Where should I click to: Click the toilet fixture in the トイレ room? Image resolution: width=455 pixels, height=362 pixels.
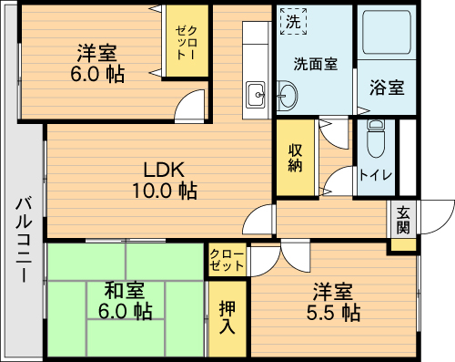tap(376, 139)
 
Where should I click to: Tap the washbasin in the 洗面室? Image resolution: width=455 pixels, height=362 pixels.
tap(287, 96)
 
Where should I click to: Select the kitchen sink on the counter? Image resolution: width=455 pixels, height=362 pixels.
tap(256, 95)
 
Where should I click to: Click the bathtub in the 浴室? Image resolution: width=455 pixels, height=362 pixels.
tap(387, 32)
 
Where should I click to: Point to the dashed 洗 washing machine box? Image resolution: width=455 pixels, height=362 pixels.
tap(293, 21)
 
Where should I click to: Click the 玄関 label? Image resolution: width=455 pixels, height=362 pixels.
tap(403, 220)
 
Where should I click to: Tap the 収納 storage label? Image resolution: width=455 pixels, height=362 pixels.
tap(295, 158)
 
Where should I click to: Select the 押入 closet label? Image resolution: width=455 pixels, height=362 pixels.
tap(227, 316)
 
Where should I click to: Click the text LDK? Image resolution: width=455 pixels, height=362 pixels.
tap(164, 170)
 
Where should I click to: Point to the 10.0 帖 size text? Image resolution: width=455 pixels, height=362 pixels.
tap(165, 191)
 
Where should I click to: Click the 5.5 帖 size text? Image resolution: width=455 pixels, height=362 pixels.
tap(333, 313)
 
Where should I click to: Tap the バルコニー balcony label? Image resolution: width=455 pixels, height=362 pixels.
tap(24, 240)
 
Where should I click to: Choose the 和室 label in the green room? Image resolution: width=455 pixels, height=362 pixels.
tap(125, 290)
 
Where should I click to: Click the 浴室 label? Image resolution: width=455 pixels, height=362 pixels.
tap(387, 88)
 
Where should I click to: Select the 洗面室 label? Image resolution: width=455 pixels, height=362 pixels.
tap(316, 64)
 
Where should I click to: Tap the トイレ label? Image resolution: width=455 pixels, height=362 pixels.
tap(376, 175)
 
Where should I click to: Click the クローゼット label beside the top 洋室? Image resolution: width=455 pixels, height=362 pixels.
tap(187, 43)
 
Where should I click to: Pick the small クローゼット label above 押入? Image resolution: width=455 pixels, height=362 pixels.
tap(227, 260)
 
